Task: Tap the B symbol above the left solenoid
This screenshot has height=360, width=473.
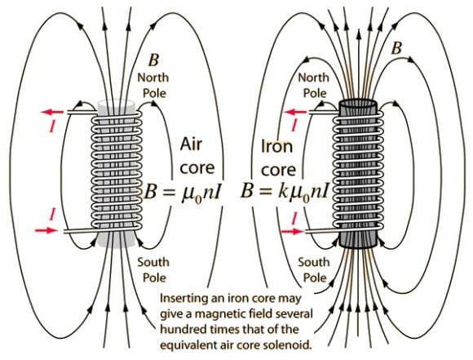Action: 153,60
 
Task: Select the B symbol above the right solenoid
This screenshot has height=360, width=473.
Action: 397,48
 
